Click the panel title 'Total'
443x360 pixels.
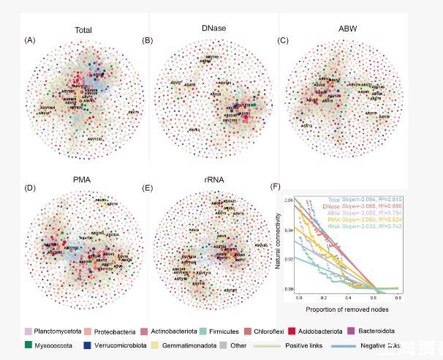(x=81, y=30)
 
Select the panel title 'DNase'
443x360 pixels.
(x=216, y=28)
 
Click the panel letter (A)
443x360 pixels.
(x=30, y=39)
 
